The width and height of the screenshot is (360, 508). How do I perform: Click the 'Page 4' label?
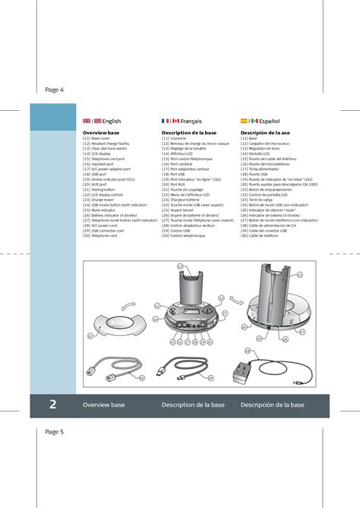coord(54,90)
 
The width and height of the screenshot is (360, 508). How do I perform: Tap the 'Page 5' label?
coord(54,431)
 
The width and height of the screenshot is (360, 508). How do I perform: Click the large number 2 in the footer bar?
coord(53,405)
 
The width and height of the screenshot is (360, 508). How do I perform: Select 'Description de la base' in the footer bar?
coord(193,405)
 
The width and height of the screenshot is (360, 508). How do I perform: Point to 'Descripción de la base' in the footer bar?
coord(272,405)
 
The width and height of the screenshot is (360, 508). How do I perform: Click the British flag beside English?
coord(86,121)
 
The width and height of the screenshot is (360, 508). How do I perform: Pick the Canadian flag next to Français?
coord(174,121)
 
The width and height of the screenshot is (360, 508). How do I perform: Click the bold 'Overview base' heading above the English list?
coord(101,133)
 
